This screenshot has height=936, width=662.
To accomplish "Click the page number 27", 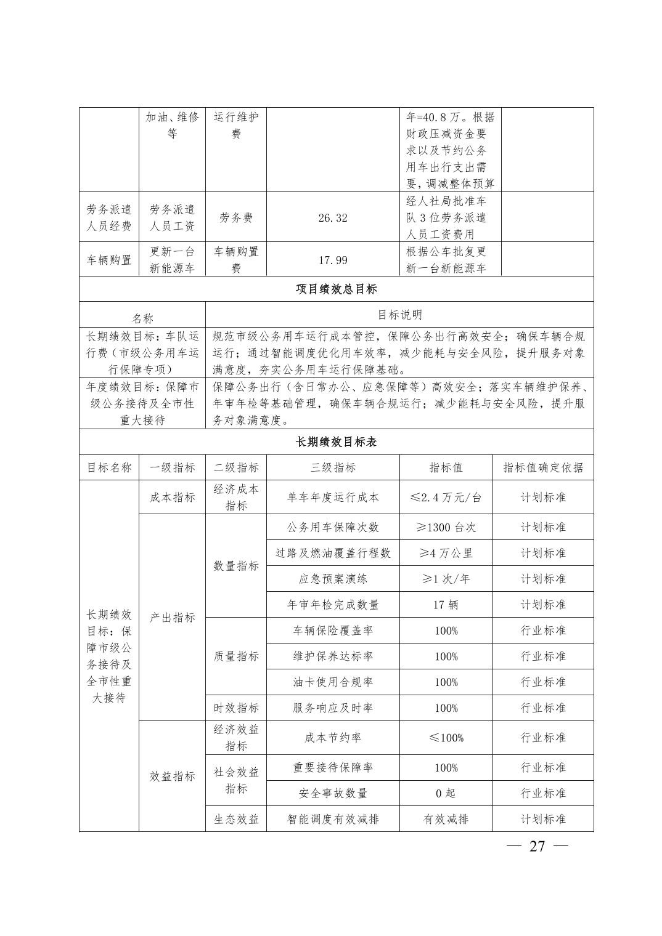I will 537,846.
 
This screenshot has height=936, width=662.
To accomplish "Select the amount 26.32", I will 333,218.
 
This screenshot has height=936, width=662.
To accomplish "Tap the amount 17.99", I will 333,260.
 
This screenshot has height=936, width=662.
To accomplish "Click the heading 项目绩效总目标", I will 337,289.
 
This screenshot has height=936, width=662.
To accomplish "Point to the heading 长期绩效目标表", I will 337,442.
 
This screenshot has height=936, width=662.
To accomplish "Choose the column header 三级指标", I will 333,467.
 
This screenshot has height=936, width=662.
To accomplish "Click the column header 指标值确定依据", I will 543,467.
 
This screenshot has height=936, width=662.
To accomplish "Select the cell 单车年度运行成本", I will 333,498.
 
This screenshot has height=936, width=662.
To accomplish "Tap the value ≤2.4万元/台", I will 446,498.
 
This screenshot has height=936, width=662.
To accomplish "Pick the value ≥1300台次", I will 446,527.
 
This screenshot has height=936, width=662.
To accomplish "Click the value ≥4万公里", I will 446,553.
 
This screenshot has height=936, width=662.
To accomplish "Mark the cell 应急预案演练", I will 333,579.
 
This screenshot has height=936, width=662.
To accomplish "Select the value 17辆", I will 446,605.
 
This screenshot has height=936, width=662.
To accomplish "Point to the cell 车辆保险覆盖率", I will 333,631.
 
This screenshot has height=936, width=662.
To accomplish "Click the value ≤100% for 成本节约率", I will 446,738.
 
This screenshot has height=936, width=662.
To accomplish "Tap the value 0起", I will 446,793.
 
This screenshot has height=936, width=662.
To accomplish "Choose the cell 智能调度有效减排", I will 333,819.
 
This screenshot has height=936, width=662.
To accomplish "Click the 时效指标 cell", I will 236,708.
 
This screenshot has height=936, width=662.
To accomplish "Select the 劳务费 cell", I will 236,218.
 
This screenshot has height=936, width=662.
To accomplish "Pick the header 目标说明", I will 399,315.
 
